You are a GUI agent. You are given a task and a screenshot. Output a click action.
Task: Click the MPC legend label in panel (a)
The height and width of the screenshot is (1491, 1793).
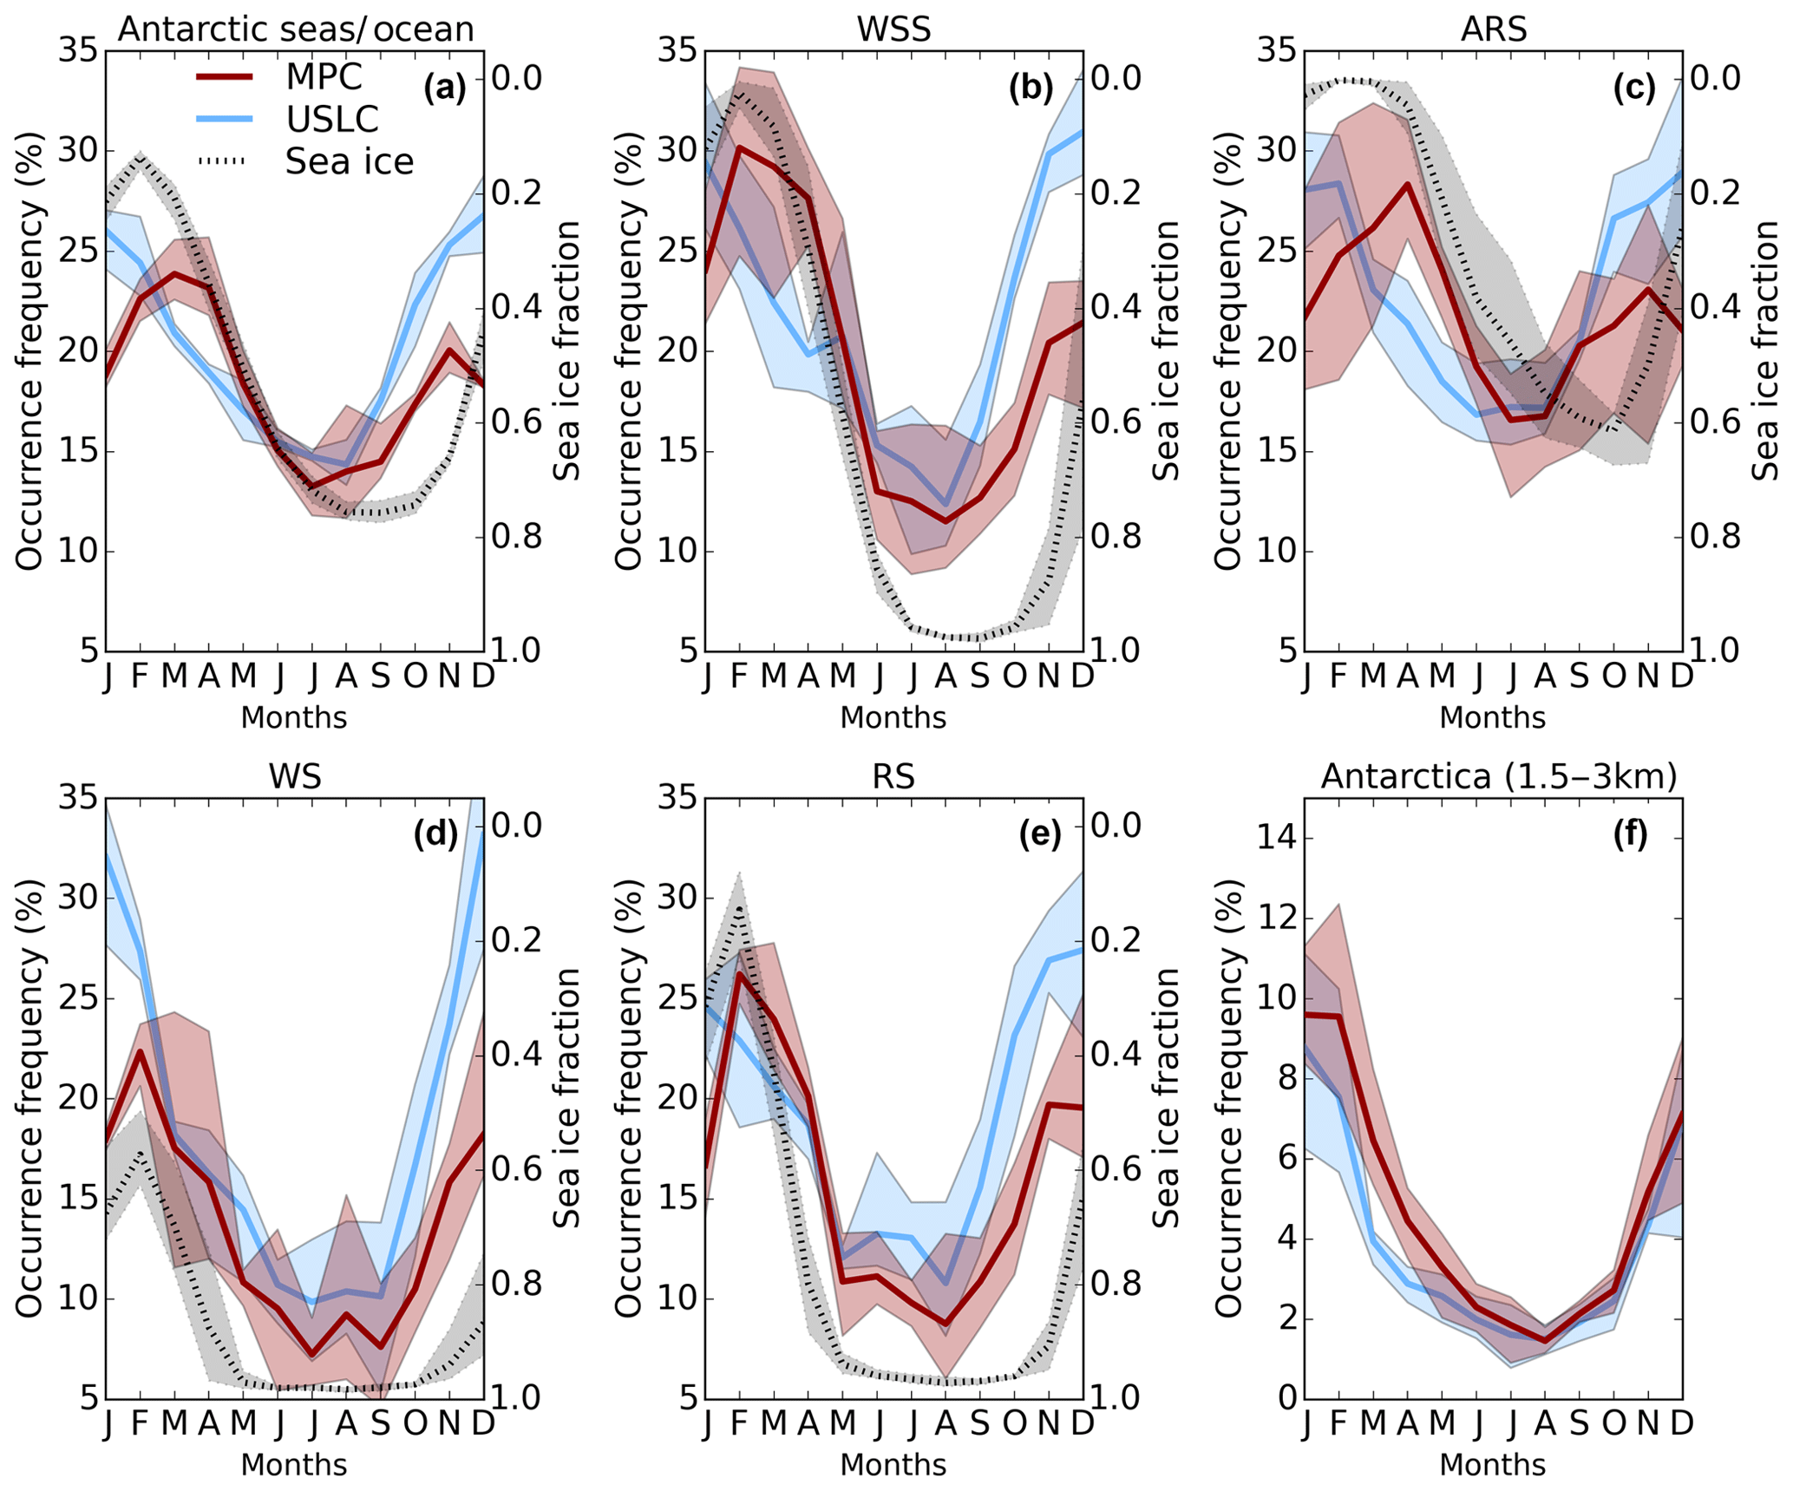(x=324, y=76)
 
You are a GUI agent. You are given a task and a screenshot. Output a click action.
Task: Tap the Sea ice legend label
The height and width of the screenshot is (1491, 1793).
(x=349, y=161)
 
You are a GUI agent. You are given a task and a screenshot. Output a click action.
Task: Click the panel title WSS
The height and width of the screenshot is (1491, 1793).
(x=893, y=29)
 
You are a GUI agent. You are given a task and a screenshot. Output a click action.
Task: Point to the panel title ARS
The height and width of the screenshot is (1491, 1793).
(x=1493, y=29)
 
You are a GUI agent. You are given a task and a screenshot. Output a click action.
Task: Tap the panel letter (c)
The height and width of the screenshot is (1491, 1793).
(x=1633, y=88)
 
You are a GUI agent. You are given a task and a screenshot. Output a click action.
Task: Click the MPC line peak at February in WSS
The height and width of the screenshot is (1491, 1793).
(x=739, y=147)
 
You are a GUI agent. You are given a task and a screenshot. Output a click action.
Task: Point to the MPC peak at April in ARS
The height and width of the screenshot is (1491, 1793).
(x=1407, y=184)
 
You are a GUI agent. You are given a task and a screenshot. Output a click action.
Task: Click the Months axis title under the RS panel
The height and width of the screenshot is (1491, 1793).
(x=893, y=1464)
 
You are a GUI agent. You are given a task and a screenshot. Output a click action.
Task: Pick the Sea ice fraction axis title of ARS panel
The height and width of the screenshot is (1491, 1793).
(x=1764, y=350)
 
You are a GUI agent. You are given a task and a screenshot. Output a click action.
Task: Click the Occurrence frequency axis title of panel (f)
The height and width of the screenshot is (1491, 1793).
(x=1228, y=1098)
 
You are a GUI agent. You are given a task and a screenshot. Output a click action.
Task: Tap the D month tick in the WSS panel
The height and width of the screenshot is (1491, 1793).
(x=1082, y=676)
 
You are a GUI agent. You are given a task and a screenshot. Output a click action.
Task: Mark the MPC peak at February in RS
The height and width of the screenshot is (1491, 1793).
(x=739, y=973)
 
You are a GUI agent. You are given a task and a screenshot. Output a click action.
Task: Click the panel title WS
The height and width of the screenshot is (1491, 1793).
(x=295, y=776)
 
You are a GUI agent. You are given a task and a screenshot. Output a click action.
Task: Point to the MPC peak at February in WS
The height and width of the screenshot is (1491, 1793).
(x=140, y=1051)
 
